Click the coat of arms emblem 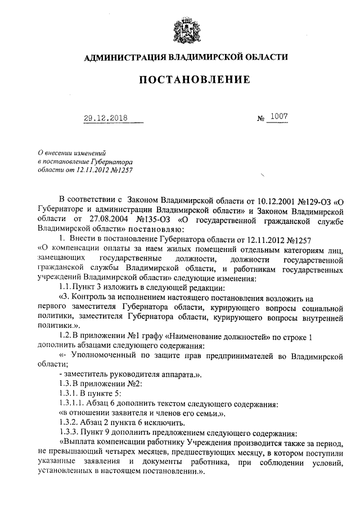[x=184, y=30]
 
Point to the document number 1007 [x=278, y=116]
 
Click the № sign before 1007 [x=260, y=119]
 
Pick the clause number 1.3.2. [x=69, y=424]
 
